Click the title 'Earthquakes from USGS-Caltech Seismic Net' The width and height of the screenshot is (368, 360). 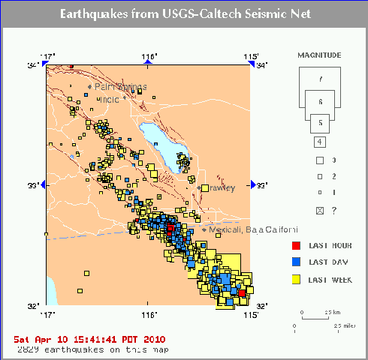point(184,14)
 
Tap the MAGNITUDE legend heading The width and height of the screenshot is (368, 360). point(319,55)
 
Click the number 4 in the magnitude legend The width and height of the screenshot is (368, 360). point(319,142)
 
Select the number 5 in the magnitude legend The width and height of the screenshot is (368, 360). point(319,121)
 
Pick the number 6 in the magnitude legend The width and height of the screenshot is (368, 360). point(319,100)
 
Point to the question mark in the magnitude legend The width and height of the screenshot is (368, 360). point(333,211)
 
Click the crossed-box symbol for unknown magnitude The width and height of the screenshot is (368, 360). point(319,211)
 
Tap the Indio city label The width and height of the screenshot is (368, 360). point(111,99)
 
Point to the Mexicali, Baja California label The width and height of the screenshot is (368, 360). point(244,229)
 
